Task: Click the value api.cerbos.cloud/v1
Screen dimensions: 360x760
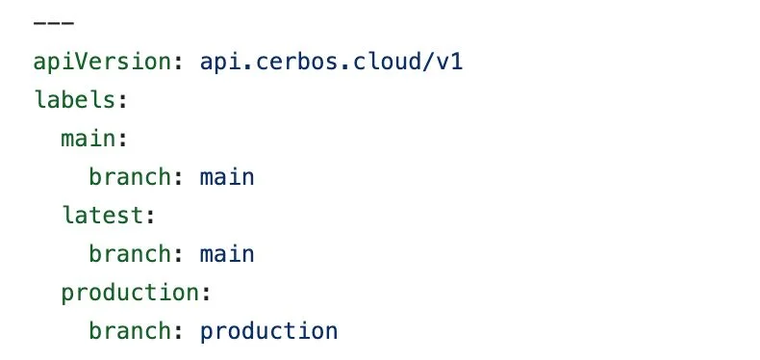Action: pyautogui.click(x=338, y=62)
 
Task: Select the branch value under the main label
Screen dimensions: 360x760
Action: pyautogui.click(x=227, y=177)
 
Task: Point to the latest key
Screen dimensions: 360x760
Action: pyautogui.click(x=103, y=216)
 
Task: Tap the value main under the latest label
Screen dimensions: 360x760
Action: pyautogui.click(x=227, y=254)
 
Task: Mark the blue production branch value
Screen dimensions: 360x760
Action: pyautogui.click(x=268, y=331)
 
